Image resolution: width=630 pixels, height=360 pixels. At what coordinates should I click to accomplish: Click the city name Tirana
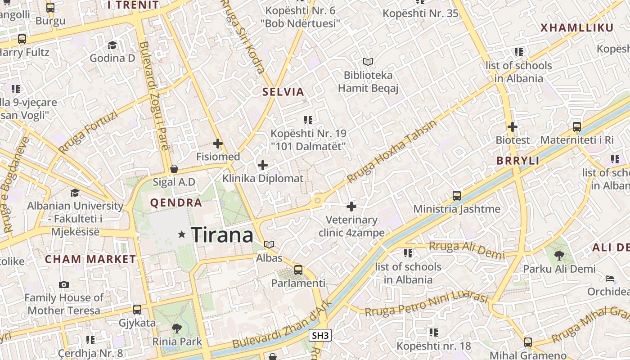(222, 235)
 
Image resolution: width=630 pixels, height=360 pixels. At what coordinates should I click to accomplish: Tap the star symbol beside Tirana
(182, 234)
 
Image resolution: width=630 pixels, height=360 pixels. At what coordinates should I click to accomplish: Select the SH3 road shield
(320, 335)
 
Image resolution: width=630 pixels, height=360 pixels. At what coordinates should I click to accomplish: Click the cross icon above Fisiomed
(218, 144)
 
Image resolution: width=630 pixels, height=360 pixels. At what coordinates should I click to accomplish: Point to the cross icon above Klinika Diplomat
(263, 165)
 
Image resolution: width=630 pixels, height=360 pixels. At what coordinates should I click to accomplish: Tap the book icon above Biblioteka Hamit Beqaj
(368, 62)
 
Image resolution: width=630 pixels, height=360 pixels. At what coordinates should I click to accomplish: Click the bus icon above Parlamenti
(298, 270)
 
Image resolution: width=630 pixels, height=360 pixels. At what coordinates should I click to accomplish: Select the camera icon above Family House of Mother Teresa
(64, 284)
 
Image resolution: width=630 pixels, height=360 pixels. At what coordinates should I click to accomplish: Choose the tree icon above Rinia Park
(176, 328)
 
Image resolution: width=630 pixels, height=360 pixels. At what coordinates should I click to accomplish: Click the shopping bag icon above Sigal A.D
(174, 169)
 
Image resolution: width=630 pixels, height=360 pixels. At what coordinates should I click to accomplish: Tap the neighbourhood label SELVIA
(283, 92)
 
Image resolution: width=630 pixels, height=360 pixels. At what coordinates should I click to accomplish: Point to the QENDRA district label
(176, 203)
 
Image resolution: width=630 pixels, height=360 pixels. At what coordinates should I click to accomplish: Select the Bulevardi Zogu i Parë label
(154, 95)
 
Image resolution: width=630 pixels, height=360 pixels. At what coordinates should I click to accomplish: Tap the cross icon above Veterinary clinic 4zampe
(351, 207)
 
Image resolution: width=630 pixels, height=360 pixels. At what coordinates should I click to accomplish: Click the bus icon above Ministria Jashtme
(457, 196)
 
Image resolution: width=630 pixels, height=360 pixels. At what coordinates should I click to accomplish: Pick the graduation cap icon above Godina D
(112, 45)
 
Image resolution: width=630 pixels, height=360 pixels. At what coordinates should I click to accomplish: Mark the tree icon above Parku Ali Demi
(559, 256)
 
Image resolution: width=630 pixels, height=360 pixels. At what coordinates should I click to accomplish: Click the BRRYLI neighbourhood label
(517, 161)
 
